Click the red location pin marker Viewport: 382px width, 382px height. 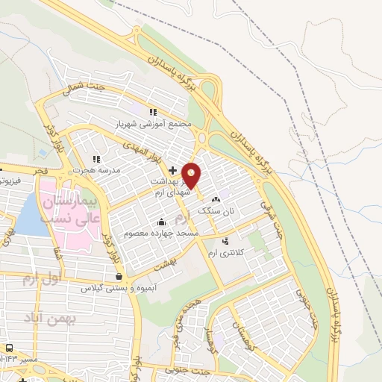pos(192,175)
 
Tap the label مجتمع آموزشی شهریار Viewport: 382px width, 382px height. pos(154,122)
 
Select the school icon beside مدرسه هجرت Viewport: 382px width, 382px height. pos(95,159)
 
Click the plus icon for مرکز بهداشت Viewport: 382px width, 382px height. pos(173,170)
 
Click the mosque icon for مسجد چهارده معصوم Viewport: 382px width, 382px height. pos(162,222)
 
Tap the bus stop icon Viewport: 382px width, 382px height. pos(10,348)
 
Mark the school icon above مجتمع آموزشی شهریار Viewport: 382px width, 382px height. pos(154,111)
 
